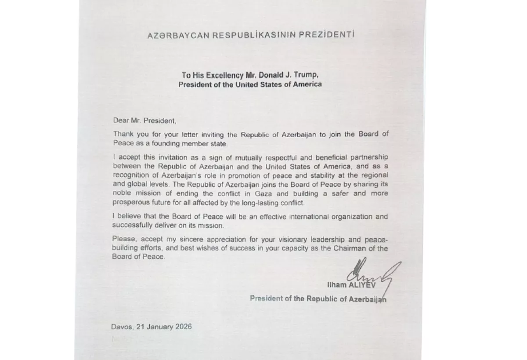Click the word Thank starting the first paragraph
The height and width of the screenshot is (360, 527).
pos(123,134)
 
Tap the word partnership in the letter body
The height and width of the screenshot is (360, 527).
pos(366,157)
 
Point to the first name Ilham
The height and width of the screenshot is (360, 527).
pos(337,285)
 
